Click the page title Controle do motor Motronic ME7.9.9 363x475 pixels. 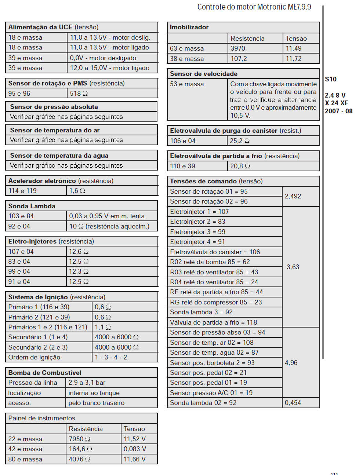254,7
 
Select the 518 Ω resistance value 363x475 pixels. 79,94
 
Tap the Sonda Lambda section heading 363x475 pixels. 32,206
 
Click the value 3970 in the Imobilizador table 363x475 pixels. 238,48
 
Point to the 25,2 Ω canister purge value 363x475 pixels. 240,141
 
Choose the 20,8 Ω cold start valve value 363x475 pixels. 240,166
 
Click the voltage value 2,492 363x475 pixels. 293,196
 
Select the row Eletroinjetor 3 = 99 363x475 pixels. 198,232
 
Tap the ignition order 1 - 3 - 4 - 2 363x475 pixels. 111,357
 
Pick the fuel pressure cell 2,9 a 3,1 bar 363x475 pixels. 87,383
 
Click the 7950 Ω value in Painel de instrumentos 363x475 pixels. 80,439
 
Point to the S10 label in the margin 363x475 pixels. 331,79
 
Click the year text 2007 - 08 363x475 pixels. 338,111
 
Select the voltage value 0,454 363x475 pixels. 293,403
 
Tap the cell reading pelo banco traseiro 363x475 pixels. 97,403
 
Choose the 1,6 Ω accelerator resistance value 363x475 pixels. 77,191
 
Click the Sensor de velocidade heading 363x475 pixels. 204,74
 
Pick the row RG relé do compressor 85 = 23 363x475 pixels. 216,302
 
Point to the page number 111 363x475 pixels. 334,473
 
